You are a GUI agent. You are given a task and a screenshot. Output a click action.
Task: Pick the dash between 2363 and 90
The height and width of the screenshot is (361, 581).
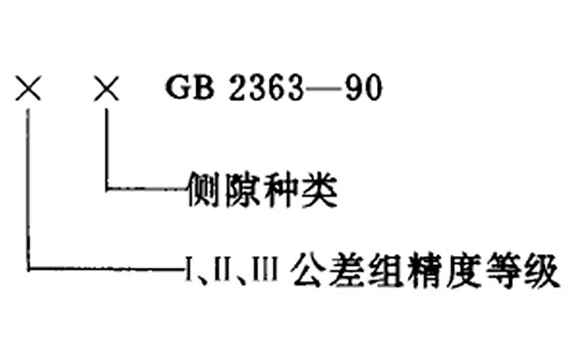tap(321, 88)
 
